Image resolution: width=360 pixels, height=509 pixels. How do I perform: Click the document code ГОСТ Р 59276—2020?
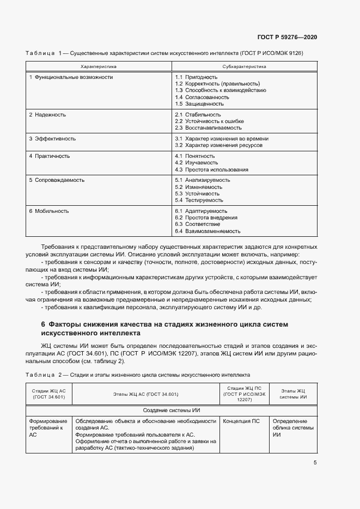point(287,38)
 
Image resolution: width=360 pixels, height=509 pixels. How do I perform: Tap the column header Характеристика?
point(99,66)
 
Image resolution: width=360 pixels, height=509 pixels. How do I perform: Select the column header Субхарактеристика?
point(244,66)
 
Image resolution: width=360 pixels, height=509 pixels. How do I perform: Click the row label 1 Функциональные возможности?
point(71,77)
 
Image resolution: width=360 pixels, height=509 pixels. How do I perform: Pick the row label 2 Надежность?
point(47,115)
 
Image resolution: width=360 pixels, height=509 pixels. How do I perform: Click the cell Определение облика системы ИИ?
point(293,428)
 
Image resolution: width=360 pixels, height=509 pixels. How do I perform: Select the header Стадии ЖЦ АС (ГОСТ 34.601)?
point(48,394)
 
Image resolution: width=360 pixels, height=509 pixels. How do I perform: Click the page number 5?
point(315,463)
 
